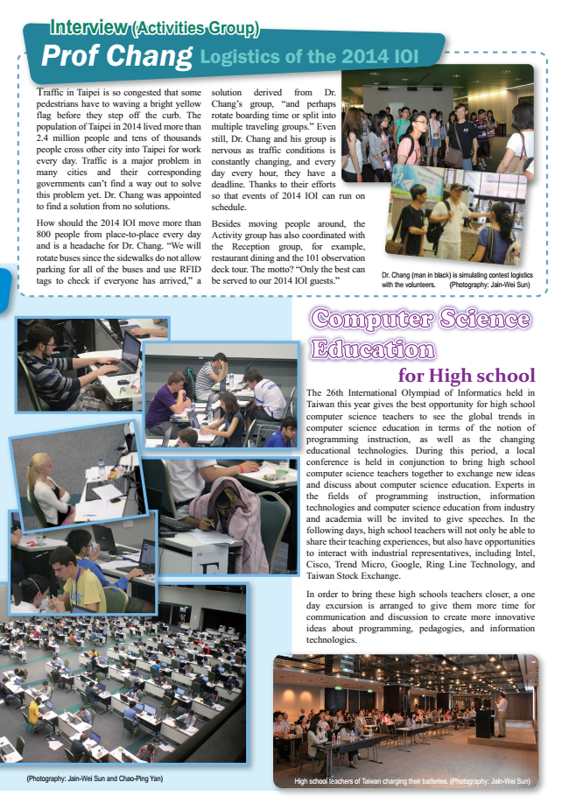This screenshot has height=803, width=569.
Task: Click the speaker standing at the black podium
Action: point(500,714)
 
